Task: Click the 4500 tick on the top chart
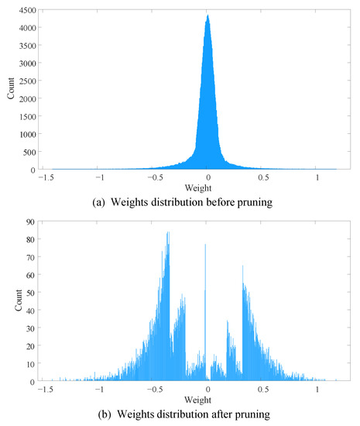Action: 25,10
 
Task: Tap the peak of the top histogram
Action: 207,15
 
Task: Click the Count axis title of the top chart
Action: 9,89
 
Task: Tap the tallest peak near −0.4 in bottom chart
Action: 167,232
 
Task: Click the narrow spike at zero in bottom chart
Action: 205,246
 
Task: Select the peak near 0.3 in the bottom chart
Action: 243,266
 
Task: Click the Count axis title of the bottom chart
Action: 9,302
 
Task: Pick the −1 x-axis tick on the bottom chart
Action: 97,390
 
